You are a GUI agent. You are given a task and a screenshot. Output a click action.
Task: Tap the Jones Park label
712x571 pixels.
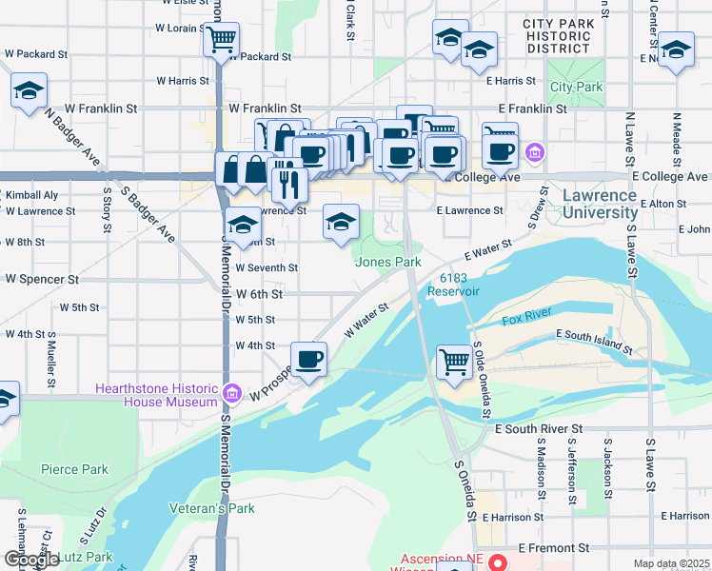[388, 262]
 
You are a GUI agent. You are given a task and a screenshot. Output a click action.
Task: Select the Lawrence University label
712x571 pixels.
[600, 204]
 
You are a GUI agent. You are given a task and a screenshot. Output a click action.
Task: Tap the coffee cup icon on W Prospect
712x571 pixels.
[308, 359]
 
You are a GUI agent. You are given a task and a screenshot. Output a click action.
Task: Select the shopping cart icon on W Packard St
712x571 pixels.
[220, 40]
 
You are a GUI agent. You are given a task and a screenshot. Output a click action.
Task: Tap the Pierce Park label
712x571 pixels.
[74, 469]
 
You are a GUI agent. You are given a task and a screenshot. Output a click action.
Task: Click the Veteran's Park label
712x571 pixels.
[212, 508]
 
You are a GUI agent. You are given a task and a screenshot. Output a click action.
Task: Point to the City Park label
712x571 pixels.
[576, 87]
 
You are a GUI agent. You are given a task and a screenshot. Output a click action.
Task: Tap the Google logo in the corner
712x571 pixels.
[31, 560]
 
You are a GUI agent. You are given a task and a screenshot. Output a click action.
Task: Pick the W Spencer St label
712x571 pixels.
[42, 280]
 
